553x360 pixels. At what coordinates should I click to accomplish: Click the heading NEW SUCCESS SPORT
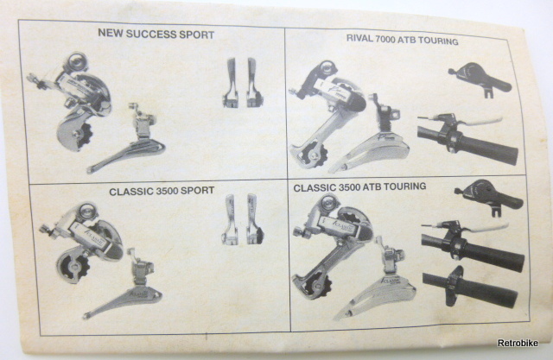coord(156,34)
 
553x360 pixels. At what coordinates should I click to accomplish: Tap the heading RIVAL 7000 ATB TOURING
coord(402,40)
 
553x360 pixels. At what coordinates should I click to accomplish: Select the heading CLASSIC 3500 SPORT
coord(162,191)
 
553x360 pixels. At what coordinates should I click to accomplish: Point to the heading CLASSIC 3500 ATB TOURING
coord(359,186)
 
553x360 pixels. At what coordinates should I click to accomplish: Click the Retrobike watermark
coord(518,343)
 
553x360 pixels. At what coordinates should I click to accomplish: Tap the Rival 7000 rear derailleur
coord(327,113)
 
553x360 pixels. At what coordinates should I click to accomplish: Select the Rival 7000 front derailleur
coord(374,141)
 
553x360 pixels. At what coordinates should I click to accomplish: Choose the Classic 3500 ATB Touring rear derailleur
coord(332,243)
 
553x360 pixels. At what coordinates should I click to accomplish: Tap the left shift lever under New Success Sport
coord(231,83)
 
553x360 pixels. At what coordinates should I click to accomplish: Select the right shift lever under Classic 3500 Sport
coord(255,219)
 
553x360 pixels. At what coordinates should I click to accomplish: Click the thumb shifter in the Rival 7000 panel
coord(481,79)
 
